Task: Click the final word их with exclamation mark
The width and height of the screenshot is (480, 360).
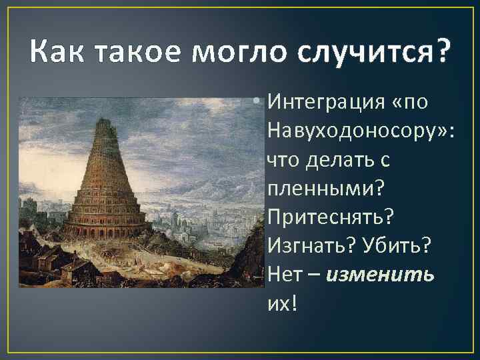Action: [x=281, y=303]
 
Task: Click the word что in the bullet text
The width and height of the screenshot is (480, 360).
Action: [x=282, y=160]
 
